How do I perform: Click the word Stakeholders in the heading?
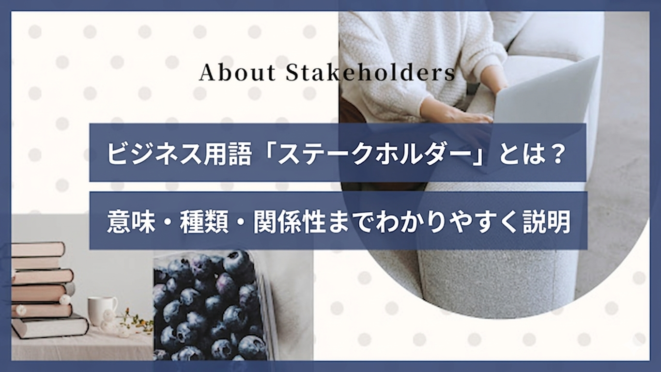point(370,73)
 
